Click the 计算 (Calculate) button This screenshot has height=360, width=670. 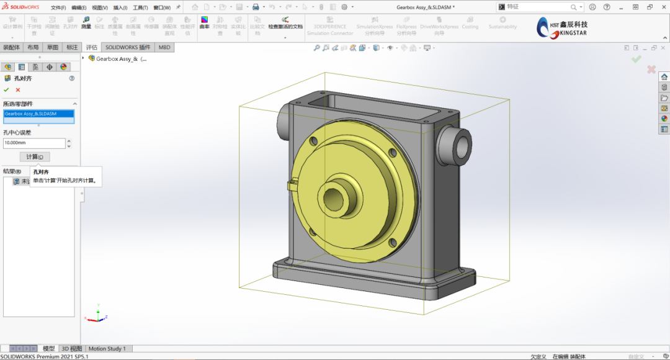point(34,157)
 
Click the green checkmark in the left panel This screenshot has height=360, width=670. point(7,90)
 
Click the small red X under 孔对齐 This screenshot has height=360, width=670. point(18,90)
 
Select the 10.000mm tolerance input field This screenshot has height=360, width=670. point(34,143)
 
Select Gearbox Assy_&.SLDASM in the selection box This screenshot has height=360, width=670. point(38,114)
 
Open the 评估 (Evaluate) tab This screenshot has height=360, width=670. point(92,47)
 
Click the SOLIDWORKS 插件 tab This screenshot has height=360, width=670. point(128,47)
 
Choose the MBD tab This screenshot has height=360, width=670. point(164,47)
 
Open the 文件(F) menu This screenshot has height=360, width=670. point(58,7)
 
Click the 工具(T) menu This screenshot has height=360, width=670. point(140,7)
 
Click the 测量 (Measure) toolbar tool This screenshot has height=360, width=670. point(86,23)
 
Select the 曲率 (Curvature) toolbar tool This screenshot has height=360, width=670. point(204,23)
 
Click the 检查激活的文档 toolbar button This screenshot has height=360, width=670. point(285,24)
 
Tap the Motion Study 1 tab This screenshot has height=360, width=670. point(107,349)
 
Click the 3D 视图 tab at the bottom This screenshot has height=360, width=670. point(71,349)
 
